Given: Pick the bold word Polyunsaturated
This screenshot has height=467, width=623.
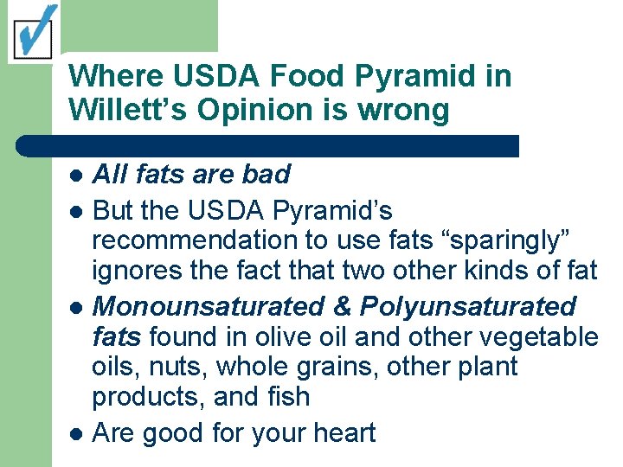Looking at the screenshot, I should pos(468,306).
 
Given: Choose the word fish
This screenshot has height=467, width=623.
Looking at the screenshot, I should pos(290,397).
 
